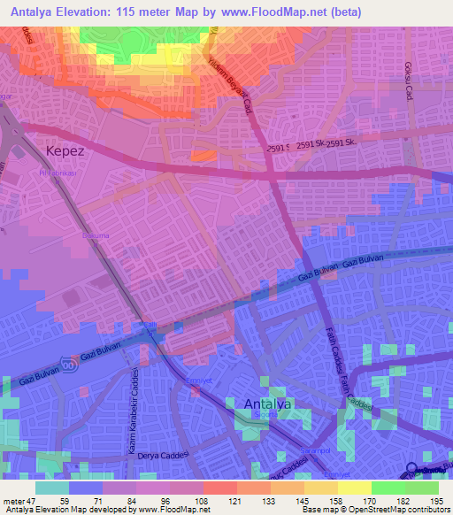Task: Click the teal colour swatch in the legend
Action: click(x=52, y=488)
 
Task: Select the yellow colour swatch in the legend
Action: click(x=355, y=488)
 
